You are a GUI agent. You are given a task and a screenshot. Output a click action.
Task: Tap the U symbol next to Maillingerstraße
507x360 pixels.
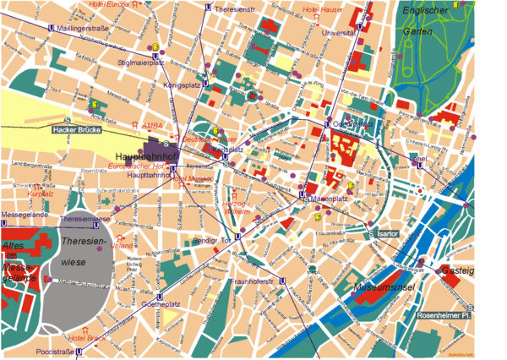[x=51, y=28]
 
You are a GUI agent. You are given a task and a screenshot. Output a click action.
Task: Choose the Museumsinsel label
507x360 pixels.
[x=384, y=290]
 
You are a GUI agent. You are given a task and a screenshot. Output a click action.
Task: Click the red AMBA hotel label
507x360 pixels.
[x=153, y=125]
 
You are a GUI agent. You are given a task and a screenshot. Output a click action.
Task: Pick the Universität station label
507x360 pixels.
[x=339, y=33]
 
